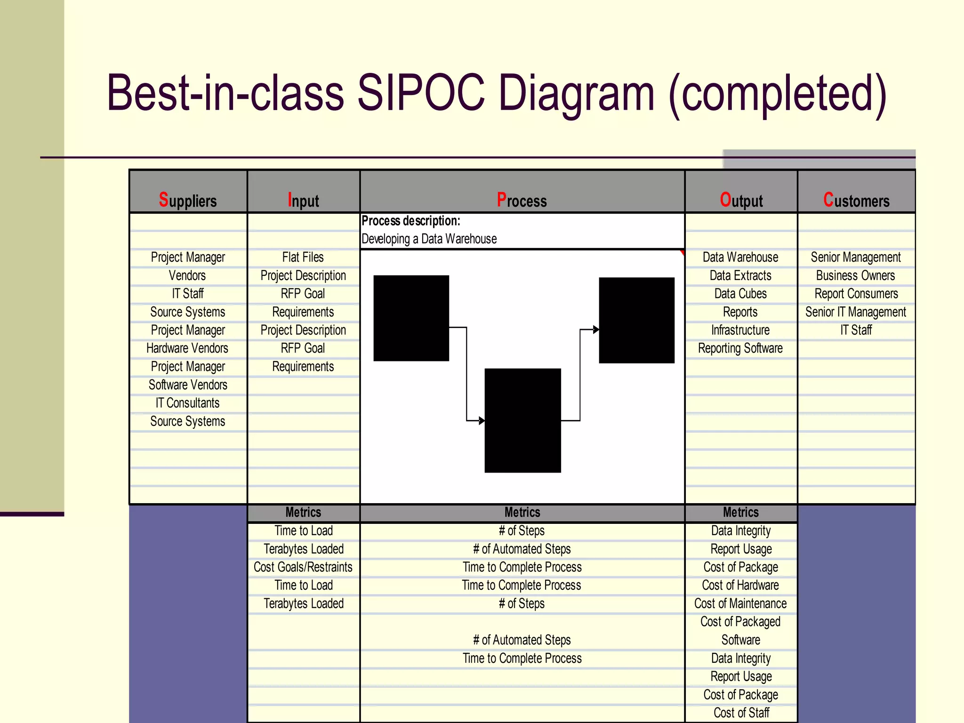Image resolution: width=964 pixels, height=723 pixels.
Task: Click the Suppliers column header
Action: point(188,201)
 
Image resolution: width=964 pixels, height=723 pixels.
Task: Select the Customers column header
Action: point(856,201)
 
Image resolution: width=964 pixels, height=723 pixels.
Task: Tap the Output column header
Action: point(741,201)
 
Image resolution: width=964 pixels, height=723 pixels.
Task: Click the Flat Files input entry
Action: point(303,257)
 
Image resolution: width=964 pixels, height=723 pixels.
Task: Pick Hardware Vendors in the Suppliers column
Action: point(187,348)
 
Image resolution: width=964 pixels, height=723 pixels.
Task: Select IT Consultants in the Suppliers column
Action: point(187,403)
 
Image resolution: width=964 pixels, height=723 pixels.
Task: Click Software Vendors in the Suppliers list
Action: point(188,385)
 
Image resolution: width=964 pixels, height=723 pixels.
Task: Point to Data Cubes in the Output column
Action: point(740,294)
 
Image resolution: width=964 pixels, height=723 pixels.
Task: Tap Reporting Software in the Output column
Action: point(740,348)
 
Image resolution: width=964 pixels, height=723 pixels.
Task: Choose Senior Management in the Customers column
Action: point(856,257)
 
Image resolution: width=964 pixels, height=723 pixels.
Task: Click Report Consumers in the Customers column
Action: point(856,294)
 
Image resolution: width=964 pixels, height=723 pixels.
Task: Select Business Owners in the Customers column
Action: point(856,275)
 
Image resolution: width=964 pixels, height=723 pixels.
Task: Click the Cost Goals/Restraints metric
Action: point(303,567)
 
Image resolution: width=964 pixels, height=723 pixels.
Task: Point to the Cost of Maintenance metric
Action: point(740,603)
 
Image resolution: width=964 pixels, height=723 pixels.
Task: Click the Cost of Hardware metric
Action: point(740,585)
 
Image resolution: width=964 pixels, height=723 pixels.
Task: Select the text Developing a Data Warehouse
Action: point(429,239)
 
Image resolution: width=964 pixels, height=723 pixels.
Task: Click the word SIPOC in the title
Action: point(421,93)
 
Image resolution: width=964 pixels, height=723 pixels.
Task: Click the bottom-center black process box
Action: point(522,420)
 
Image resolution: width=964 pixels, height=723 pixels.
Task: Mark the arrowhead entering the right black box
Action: point(596,329)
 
